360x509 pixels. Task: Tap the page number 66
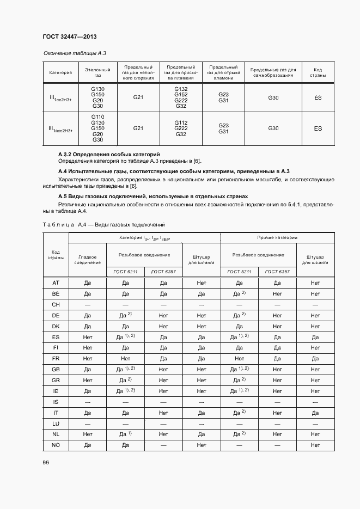point(46,462)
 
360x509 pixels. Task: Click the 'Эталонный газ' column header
point(98,72)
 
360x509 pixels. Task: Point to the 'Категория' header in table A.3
point(60,72)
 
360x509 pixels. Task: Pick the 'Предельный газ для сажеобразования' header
point(273,72)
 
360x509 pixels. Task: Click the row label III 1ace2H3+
point(60,128)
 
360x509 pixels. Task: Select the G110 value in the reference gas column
point(98,117)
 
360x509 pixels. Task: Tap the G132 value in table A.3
point(181,89)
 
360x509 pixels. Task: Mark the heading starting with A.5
point(152,196)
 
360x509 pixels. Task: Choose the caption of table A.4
point(103,224)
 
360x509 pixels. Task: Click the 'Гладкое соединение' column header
point(88,259)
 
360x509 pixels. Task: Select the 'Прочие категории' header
point(277,238)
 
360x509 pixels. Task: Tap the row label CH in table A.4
point(56,305)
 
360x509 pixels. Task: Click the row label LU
point(56,424)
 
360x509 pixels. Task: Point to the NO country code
point(56,445)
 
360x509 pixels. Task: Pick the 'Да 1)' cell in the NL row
point(125,434)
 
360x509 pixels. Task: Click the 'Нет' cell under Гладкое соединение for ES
point(88,337)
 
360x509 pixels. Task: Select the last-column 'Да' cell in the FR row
point(315,359)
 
